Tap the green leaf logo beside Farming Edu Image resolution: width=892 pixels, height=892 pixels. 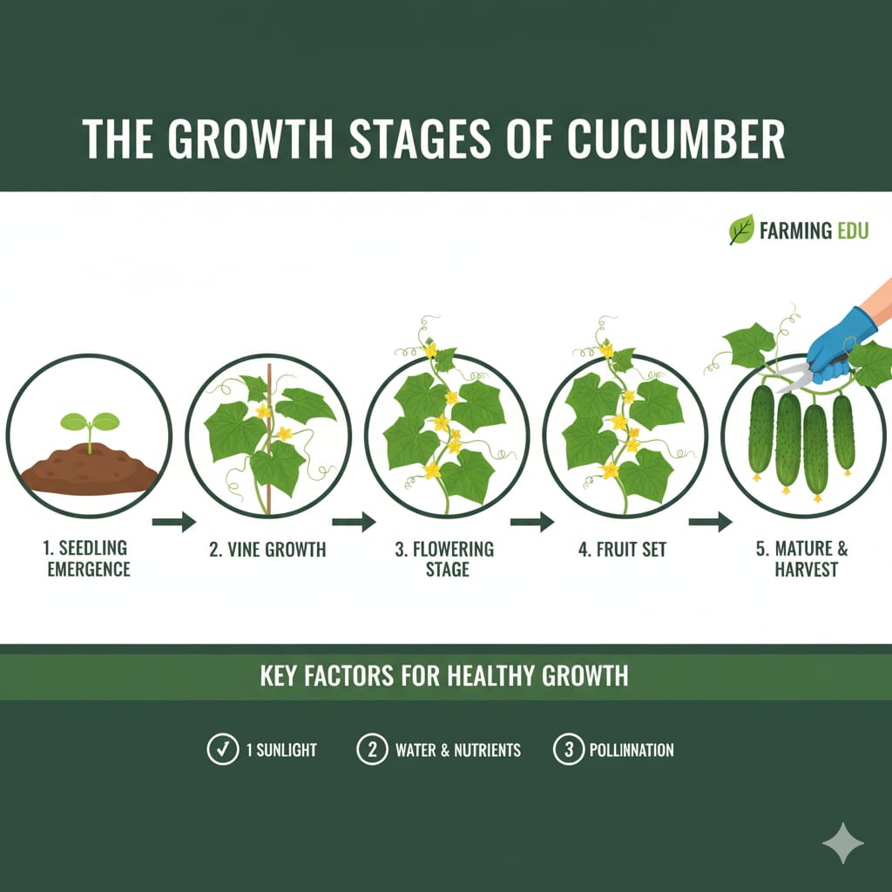click(740, 231)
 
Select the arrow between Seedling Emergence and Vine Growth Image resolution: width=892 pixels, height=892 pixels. click(174, 523)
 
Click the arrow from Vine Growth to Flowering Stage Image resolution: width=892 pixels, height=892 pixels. click(353, 523)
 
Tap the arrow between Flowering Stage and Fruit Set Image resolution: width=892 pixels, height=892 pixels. click(531, 523)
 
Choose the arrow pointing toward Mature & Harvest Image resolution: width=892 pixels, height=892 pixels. click(710, 523)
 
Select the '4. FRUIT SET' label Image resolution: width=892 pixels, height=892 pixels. click(621, 550)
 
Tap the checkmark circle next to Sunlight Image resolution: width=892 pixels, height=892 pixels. click(221, 749)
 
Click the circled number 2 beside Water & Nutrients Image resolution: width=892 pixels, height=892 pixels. click(372, 749)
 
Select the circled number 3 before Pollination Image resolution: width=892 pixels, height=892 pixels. click(568, 749)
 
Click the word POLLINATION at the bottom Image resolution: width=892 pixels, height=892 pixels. click(632, 750)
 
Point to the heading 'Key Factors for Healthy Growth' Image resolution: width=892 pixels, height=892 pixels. click(444, 676)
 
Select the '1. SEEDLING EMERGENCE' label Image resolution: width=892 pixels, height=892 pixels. click(84, 558)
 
